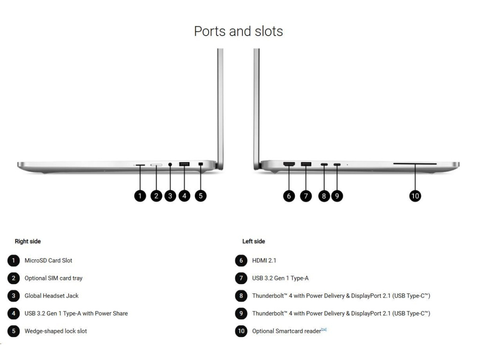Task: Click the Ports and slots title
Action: point(239,31)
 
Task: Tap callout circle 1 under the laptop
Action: point(140,195)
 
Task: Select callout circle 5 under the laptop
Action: point(201,195)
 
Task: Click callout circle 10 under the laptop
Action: point(415,195)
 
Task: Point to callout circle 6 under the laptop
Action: point(289,195)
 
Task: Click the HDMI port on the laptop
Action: point(289,164)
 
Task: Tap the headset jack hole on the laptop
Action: point(170,165)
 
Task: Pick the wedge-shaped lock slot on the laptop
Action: point(201,165)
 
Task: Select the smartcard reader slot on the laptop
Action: point(415,164)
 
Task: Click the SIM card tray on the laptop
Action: point(156,165)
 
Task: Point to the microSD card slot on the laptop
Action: point(140,165)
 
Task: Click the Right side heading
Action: point(28,241)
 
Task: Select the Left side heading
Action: point(254,241)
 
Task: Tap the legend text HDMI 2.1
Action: point(264,261)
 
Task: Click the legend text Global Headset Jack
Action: point(52,296)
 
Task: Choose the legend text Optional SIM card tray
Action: point(53,278)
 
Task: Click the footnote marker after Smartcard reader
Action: point(324,330)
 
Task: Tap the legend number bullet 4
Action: point(14,313)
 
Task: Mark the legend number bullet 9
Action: point(241,313)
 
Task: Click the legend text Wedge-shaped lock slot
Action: point(56,331)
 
